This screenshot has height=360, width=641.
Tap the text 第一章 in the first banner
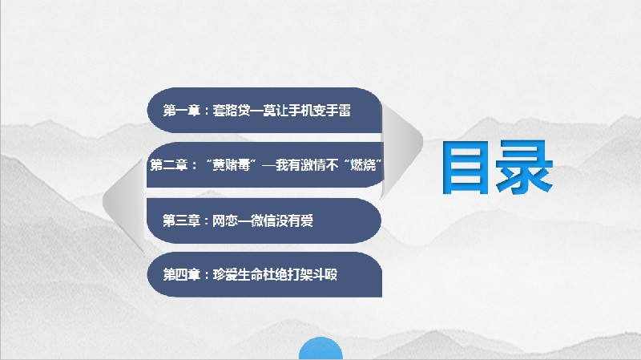181,111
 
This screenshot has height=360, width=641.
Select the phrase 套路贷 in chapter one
231,111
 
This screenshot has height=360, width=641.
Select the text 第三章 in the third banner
181,219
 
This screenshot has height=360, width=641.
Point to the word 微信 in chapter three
262,219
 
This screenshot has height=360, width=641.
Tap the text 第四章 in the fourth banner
181,274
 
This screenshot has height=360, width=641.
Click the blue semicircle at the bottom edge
320,350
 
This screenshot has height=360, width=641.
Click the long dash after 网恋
244,219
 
